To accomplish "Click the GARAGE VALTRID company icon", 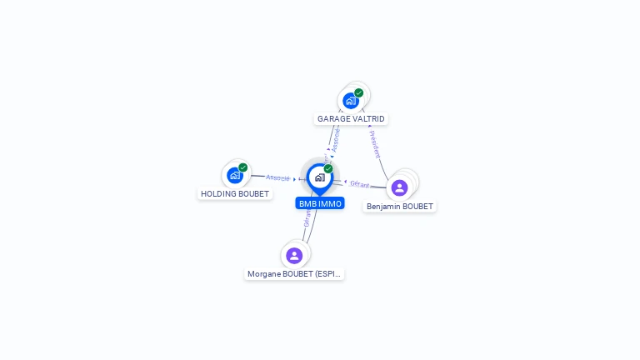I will [x=351, y=101].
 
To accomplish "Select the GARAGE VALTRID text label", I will [x=351, y=119].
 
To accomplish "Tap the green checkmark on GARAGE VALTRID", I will [x=359, y=92].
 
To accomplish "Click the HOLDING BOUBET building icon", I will [x=235, y=176].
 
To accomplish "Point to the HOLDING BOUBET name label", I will [x=236, y=194].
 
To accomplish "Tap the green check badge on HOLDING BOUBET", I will [x=243, y=167].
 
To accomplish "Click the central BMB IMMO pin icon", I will [x=319, y=177].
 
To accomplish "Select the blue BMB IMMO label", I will [x=320, y=203].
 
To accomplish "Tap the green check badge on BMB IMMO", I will [x=328, y=168].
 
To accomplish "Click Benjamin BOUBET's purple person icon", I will [x=400, y=187].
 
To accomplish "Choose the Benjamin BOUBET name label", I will [x=400, y=207].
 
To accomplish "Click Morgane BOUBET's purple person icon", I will [x=294, y=255].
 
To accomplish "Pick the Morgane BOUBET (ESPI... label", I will [x=294, y=274].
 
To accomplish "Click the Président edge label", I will [x=375, y=144].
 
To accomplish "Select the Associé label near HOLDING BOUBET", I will [x=277, y=178].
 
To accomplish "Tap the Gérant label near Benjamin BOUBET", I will [x=360, y=183].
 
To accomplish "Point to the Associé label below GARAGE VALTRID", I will [x=336, y=140].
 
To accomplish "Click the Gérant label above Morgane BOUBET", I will [x=307, y=218].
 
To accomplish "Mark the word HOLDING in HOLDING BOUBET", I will [x=219, y=194].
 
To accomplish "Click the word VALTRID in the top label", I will [x=368, y=119].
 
